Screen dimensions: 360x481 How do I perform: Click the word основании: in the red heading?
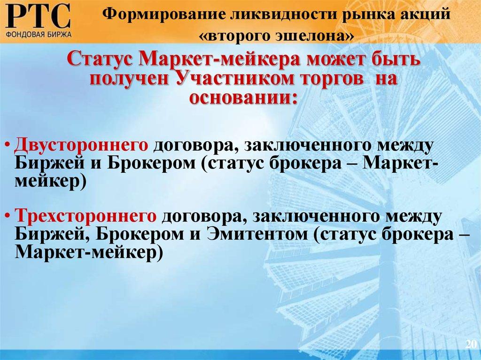(243, 96)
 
